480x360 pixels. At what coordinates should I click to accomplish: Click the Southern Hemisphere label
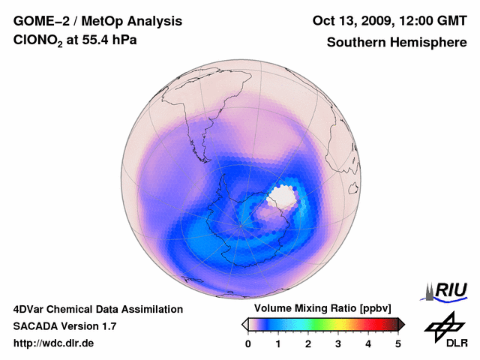(397, 43)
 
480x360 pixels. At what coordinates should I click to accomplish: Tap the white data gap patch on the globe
(283, 196)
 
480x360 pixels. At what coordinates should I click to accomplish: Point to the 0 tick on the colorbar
(248, 343)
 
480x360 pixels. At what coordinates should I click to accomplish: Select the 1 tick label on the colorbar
(278, 343)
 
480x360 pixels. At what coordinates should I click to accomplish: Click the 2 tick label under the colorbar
(308, 343)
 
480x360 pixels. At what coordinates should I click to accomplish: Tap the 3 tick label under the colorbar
(338, 343)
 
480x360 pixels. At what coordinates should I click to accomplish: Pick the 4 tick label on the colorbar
(368, 343)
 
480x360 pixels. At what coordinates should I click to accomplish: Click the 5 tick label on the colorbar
(398, 343)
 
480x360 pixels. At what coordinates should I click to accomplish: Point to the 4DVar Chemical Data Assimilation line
(97, 309)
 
